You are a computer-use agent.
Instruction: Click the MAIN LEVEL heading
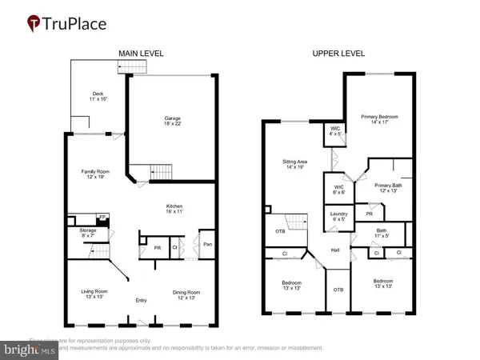142,54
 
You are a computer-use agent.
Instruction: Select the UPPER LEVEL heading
337,54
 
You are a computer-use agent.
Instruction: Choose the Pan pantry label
207,244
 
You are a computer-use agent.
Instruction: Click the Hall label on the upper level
337,250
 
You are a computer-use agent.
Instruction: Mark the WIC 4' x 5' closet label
334,132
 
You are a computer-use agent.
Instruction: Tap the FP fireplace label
102,218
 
